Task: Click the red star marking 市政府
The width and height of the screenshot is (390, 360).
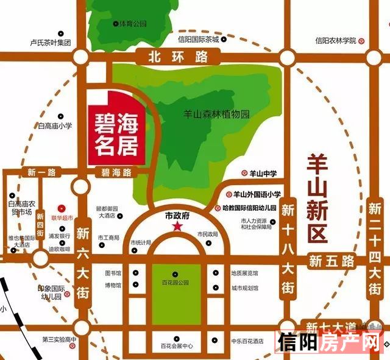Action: point(177,227)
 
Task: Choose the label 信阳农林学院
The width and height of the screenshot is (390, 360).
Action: point(335,41)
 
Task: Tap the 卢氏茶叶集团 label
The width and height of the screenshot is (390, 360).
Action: point(51,43)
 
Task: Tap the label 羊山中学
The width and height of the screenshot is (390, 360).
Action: point(263,173)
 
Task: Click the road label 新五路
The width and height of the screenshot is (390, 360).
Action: point(331,261)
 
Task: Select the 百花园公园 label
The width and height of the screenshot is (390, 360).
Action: point(174,283)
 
